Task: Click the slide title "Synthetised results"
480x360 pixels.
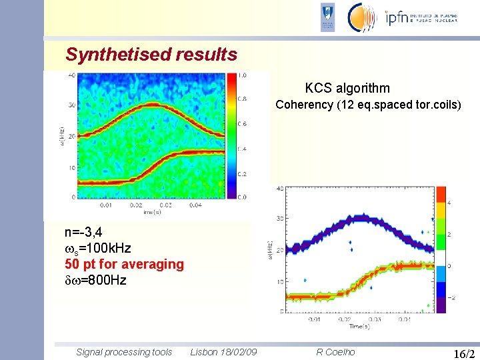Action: click(151, 54)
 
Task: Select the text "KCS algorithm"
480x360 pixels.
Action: click(347, 88)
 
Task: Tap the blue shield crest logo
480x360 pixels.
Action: click(328, 17)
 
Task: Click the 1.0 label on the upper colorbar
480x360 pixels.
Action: click(243, 75)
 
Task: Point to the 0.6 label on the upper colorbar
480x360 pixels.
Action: click(243, 124)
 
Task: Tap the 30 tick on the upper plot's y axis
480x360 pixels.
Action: click(71, 105)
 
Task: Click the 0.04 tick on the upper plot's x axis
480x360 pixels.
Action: click(195, 206)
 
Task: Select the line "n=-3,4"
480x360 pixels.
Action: click(83, 233)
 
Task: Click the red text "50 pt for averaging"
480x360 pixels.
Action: click(124, 264)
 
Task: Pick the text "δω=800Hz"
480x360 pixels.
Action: click(95, 280)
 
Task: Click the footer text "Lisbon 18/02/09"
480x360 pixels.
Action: click(224, 352)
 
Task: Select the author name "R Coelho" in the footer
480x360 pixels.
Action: click(335, 352)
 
